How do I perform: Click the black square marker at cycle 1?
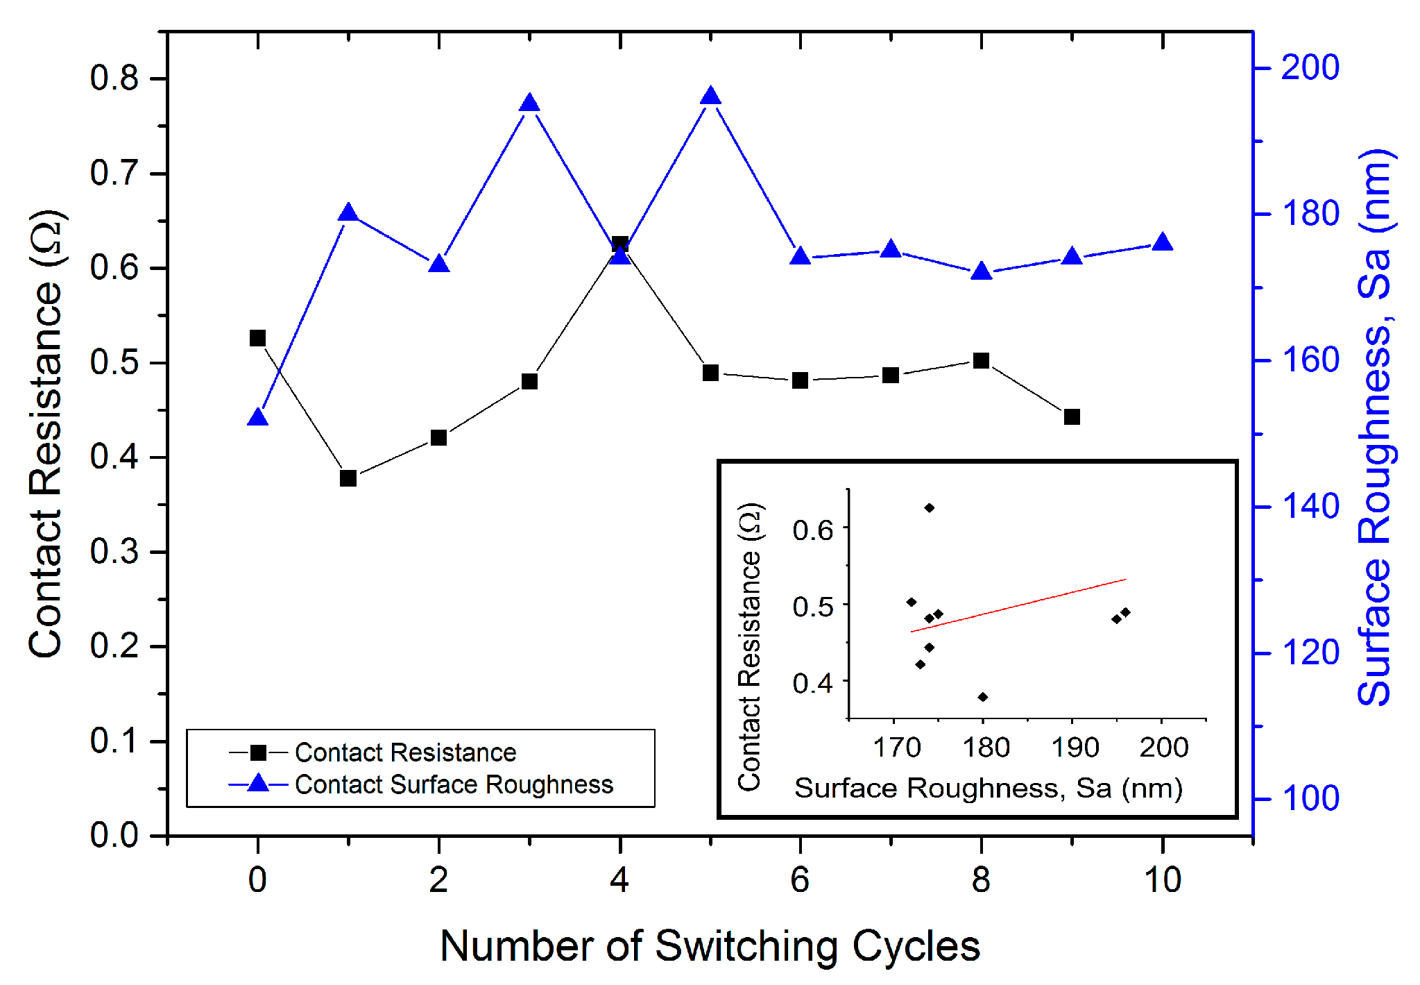(x=348, y=478)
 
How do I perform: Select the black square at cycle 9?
(x=1072, y=417)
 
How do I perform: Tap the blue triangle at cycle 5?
(x=710, y=96)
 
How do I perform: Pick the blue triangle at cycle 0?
(x=258, y=418)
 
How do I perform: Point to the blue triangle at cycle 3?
(x=529, y=103)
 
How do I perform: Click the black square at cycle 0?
(x=257, y=338)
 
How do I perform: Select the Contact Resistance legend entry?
(x=405, y=752)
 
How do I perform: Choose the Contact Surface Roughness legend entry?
(x=454, y=784)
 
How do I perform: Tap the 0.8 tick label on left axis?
(x=114, y=78)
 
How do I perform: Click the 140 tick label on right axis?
(x=1309, y=506)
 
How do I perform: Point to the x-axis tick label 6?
(x=800, y=880)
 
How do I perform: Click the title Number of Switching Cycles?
(x=710, y=945)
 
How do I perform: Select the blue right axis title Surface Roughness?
(x=1375, y=427)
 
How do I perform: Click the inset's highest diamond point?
(x=930, y=508)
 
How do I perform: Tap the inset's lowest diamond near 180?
(x=983, y=697)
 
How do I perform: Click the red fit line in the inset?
(x=1018, y=605)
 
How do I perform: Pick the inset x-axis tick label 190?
(x=1075, y=748)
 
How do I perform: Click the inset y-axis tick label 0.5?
(x=813, y=606)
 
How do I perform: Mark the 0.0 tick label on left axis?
(x=114, y=835)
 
